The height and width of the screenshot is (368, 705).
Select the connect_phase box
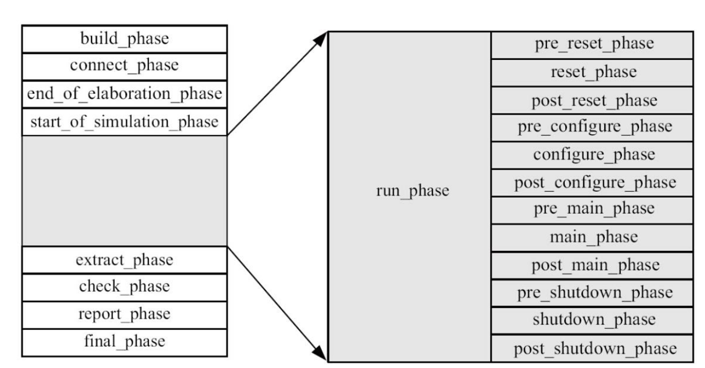124,66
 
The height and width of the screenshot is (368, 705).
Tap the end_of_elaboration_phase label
124,94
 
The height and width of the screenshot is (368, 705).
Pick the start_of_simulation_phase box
124,122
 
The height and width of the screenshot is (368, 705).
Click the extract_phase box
124,260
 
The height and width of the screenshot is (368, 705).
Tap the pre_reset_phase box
594,44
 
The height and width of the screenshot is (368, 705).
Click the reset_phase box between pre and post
594,72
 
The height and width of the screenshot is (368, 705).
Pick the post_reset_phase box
594,100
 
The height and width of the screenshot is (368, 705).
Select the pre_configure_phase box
594,127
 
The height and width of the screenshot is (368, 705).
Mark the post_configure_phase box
594,183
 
